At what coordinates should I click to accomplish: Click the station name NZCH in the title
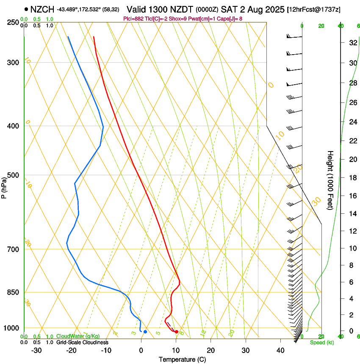click(42, 9)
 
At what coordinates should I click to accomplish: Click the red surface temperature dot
click(177, 332)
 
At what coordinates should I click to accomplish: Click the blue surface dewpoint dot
click(145, 332)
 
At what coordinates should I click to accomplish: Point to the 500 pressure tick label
click(13, 175)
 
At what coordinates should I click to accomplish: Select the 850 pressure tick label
click(13, 292)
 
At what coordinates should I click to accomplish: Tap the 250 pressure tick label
click(13, 22)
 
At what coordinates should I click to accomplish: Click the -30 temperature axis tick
click(36, 350)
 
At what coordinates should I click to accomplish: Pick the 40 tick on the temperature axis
click(280, 350)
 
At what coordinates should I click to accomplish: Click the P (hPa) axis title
click(4, 186)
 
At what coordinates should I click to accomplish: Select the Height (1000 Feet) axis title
click(330, 180)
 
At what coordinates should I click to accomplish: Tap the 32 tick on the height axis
click(352, 43)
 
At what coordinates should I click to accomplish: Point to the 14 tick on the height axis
click(352, 214)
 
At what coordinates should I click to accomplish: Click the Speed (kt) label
click(321, 342)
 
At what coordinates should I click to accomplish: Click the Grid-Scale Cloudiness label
click(82, 342)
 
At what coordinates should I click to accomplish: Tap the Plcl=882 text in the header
click(133, 19)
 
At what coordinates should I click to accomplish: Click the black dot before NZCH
click(26, 9)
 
